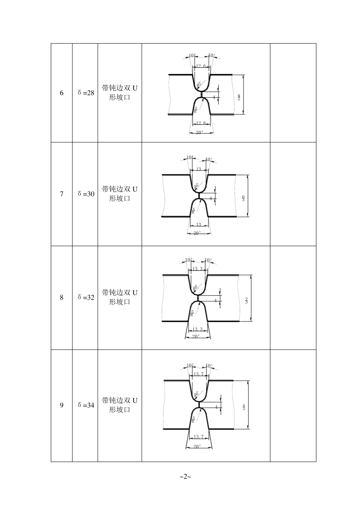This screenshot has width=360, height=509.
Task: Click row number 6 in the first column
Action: pos(62,93)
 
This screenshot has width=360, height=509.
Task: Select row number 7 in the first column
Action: pos(62,194)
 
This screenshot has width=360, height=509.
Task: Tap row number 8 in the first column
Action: pos(62,298)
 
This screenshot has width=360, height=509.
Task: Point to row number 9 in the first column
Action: pos(62,406)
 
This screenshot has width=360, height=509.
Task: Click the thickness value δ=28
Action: pos(86,93)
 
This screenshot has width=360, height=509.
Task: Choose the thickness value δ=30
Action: pos(86,194)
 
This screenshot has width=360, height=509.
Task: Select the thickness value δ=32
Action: pos(86,297)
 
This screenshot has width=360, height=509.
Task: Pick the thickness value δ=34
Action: pos(86,405)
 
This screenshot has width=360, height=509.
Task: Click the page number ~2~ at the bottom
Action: pos(185,476)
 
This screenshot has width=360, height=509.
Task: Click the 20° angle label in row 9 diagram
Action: pos(197,447)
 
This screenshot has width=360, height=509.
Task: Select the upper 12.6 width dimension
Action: pos(201,66)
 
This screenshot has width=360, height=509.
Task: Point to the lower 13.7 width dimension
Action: pos(199,437)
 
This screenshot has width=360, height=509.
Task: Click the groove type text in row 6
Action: pos(120,93)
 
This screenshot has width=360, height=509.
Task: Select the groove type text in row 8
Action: pos(120,297)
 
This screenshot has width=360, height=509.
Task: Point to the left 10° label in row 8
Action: pos(189,260)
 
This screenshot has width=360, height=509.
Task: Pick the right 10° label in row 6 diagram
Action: pos(211,55)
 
